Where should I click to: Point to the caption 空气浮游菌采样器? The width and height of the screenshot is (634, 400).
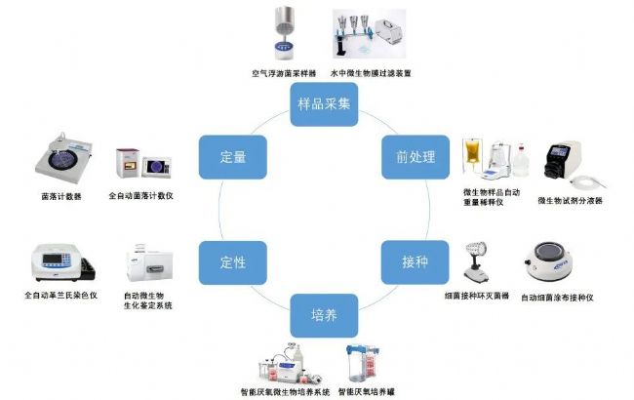(283, 73)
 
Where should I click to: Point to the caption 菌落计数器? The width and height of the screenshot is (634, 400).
(62, 195)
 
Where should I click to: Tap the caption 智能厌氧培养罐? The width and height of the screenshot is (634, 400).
(369, 390)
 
